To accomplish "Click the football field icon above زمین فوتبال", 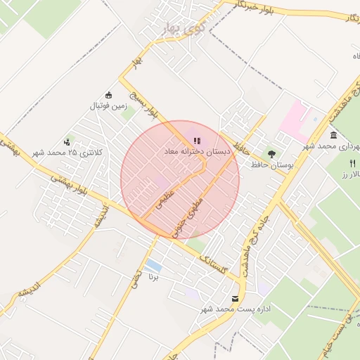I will [108, 95].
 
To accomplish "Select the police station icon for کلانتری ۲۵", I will [68, 141].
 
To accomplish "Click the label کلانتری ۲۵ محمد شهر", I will [69, 153].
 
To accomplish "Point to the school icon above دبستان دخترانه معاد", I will [197, 141].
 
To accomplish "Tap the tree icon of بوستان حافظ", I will [271, 153].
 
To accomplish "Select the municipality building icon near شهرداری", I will [333, 135].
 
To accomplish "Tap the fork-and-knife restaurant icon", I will [353, 163].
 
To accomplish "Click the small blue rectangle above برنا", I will [153, 266].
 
